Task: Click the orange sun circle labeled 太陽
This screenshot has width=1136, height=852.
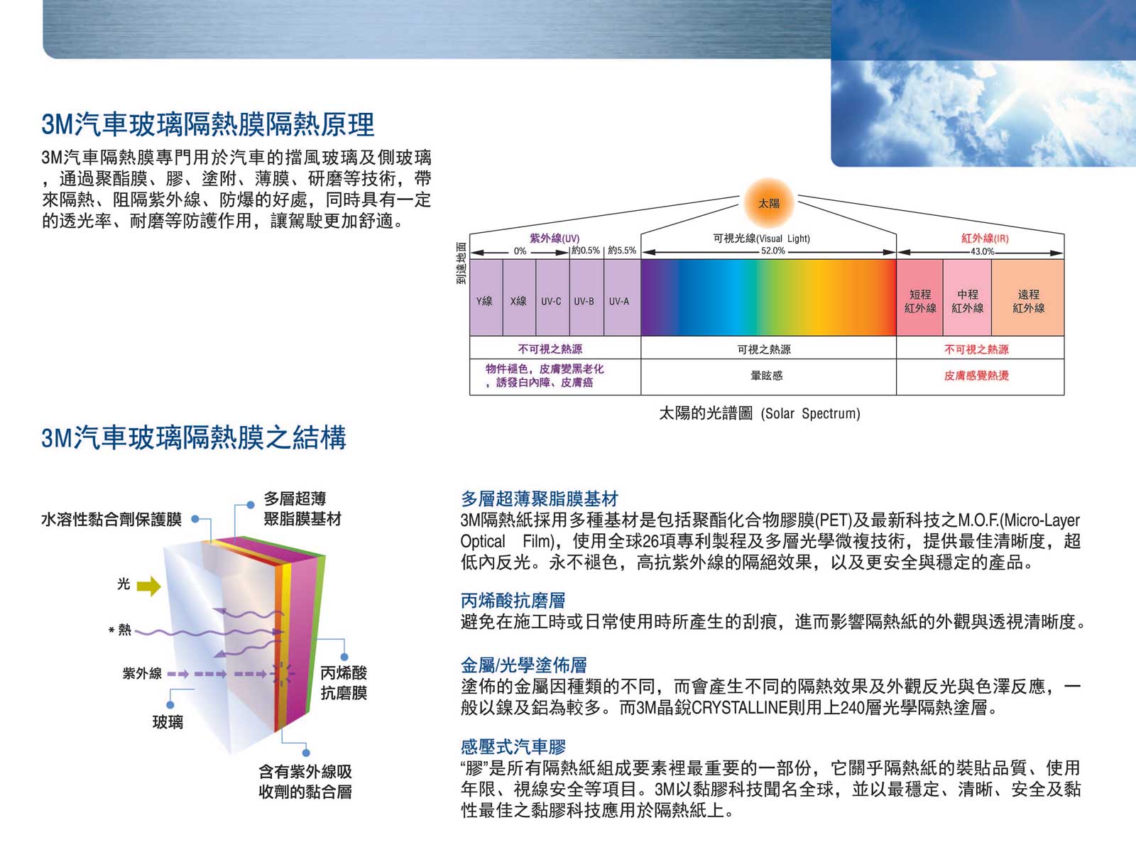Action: pos(768,203)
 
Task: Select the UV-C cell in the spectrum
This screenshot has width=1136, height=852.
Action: pos(552,297)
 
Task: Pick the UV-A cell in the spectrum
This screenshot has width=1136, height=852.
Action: pos(622,297)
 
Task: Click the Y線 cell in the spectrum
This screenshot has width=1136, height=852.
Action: pos(486,297)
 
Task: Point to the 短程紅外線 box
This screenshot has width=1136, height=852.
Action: pos(919,297)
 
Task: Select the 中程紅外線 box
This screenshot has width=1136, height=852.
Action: pos(967,297)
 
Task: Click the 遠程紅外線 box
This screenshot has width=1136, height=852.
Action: pos(1028,297)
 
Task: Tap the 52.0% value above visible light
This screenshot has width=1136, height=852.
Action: pos(772,251)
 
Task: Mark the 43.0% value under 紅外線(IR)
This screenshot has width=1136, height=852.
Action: pos(982,251)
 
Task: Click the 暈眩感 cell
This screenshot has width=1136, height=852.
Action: pos(767,376)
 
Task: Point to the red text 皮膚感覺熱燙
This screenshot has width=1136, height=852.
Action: pos(976,376)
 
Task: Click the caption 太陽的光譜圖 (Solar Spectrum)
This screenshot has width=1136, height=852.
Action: pos(759,413)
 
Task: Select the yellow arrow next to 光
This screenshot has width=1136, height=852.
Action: pos(148,586)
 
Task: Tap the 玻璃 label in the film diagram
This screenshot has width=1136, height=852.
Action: pos(168,721)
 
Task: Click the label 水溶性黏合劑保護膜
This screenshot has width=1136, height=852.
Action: pos(111,520)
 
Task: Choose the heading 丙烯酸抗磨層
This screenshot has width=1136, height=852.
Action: pos(513,600)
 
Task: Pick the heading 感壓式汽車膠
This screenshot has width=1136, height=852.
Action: pos(513,746)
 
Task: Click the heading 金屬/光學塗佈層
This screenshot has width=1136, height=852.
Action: pos(523,665)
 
